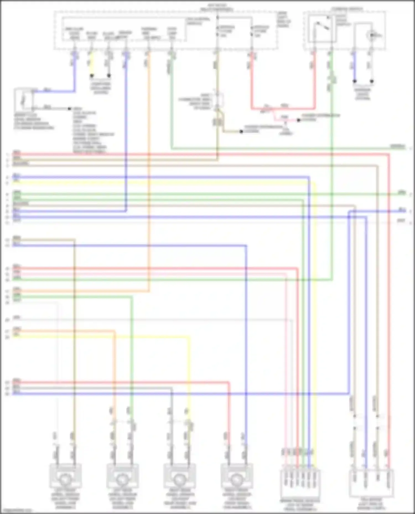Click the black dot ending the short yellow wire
pyautogui.click(x=92, y=75)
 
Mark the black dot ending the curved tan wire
pyautogui.click(x=241, y=132)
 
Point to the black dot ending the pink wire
pyautogui.click(x=298, y=120)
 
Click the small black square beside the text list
pyautogui.click(x=70, y=109)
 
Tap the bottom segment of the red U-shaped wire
pyautogui.click(x=282, y=108)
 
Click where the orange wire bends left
pyautogui.click(x=149, y=291)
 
